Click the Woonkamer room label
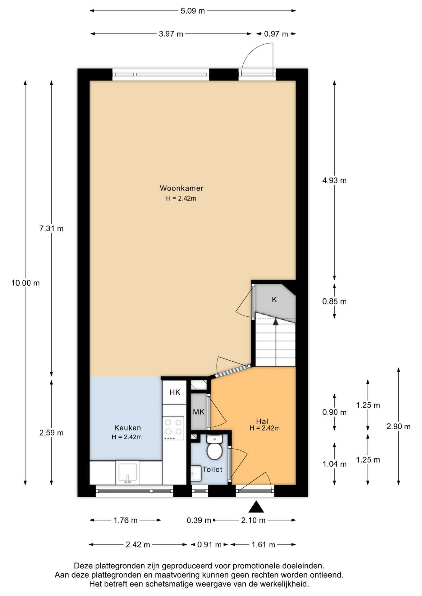click(181, 188)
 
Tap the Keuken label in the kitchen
click(128, 428)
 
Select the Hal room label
click(262, 421)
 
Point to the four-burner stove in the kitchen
click(173, 428)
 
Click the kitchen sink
click(128, 472)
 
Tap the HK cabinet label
click(175, 392)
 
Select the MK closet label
click(199, 412)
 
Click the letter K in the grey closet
click(274, 300)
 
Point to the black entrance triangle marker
click(256, 507)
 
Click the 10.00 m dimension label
click(25, 283)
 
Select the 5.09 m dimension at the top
click(193, 11)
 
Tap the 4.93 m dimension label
click(334, 180)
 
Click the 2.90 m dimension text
click(398, 427)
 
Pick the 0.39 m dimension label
click(199, 520)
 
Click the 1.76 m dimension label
click(126, 520)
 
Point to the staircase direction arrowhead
click(275, 322)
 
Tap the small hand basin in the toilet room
click(196, 473)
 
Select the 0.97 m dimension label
click(276, 34)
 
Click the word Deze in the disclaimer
click(83, 566)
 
